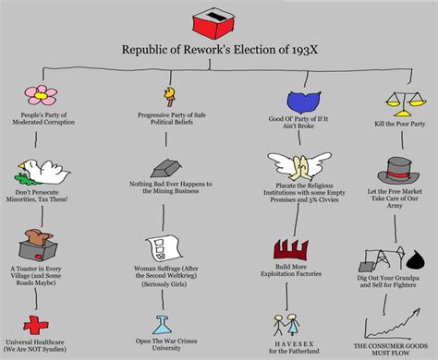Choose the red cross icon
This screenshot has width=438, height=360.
pos(38,324)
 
